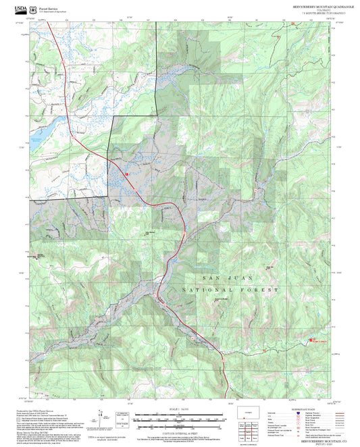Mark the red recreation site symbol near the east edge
click(311, 341)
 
